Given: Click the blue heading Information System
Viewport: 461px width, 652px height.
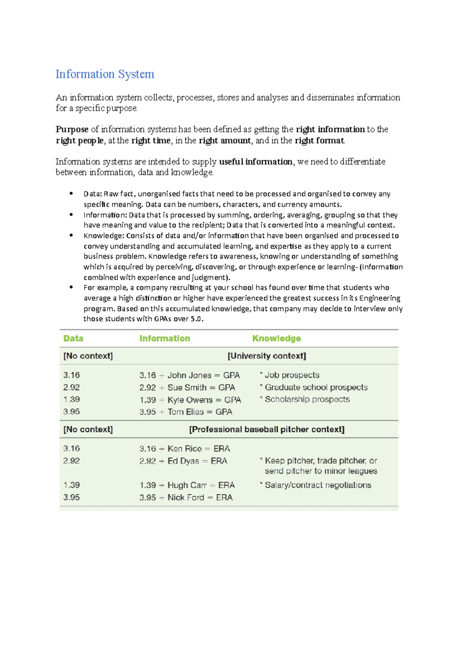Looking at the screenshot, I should click(x=104, y=74).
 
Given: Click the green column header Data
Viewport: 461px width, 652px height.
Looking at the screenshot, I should click(x=73, y=338).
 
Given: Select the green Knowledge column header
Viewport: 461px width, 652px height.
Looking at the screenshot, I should click(x=276, y=338).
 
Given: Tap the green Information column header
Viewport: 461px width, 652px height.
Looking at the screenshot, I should click(x=164, y=338).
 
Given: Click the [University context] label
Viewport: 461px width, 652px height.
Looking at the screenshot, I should click(x=267, y=356).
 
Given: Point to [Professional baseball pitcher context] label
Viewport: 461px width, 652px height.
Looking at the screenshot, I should click(x=267, y=429).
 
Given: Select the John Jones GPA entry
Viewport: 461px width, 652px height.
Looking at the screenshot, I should click(x=189, y=375).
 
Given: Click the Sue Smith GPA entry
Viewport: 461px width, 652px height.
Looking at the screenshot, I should click(x=187, y=387).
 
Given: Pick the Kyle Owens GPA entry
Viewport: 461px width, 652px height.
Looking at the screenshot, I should click(x=190, y=400).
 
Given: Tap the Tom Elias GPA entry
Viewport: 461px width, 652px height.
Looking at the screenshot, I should click(x=186, y=412).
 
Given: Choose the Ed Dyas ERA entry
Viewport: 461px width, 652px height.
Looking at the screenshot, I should click(x=183, y=461).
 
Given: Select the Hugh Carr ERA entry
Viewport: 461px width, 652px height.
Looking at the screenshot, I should click(x=187, y=485).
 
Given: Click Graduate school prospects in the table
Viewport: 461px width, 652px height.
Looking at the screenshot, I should click(x=316, y=387).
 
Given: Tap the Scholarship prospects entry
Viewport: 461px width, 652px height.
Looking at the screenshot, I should click(x=307, y=399).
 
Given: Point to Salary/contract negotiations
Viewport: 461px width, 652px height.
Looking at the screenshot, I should click(x=318, y=485).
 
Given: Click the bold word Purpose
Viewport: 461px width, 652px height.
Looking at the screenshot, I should click(x=72, y=129).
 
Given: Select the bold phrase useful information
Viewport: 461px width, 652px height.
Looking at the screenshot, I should click(x=255, y=162).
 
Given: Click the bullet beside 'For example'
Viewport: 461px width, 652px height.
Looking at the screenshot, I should click(x=71, y=287).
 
